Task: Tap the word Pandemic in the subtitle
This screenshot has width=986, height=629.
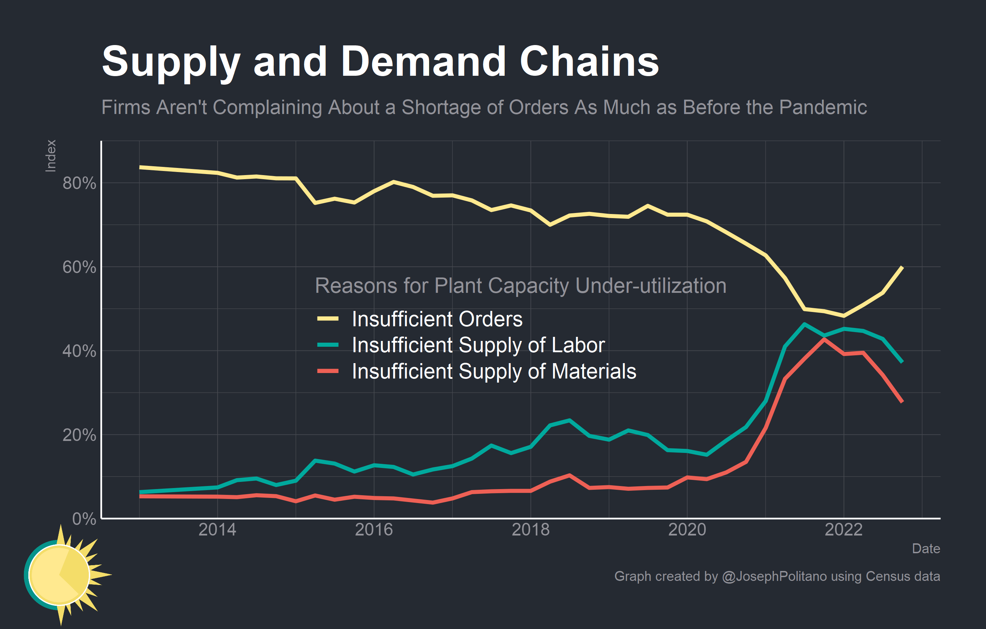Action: coord(823,108)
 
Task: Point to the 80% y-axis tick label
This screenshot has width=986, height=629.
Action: coord(79,183)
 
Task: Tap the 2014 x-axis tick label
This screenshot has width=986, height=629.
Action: coord(217,530)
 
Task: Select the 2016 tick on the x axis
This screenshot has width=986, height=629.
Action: coord(373,530)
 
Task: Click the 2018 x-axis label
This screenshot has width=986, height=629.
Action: coord(530,530)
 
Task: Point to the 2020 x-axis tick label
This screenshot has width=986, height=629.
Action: coord(687,530)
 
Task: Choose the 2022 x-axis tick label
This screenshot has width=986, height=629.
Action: coord(843,530)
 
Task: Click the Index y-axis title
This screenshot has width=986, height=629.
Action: coord(50,156)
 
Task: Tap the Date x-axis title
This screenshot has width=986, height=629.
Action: coord(926,548)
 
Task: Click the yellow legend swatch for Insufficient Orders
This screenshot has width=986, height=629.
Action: coord(328,318)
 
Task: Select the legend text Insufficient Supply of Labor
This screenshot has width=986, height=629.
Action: coord(478,345)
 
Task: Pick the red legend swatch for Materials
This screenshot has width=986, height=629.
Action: coord(328,371)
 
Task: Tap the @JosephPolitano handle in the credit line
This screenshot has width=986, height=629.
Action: coord(774,576)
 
